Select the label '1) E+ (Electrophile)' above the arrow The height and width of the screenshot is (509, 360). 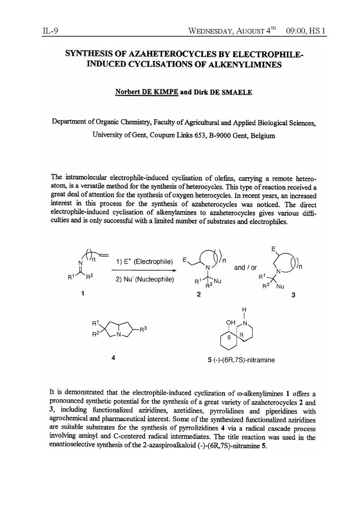click(143, 262)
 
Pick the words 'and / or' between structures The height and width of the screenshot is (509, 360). click(246, 267)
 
